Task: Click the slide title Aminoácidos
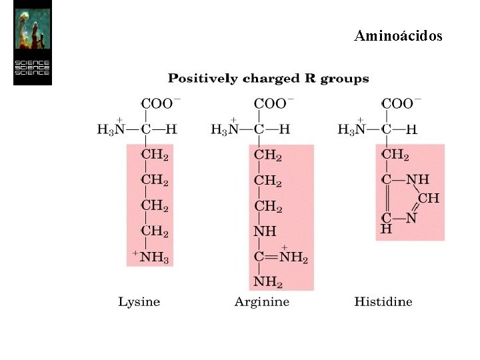(x=398, y=35)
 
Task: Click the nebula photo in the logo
(x=32, y=31)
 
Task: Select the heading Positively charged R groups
(x=268, y=79)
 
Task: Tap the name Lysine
(x=139, y=302)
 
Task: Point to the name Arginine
(x=262, y=302)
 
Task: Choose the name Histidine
(x=383, y=302)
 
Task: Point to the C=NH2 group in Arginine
(x=281, y=257)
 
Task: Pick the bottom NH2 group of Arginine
(x=268, y=282)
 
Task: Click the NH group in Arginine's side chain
(x=265, y=232)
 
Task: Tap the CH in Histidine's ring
(x=428, y=198)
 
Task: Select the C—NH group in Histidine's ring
(x=405, y=179)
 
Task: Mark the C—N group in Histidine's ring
(x=399, y=218)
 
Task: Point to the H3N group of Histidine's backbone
(x=352, y=129)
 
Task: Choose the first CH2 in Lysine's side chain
(x=155, y=155)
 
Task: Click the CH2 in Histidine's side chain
(x=395, y=155)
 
